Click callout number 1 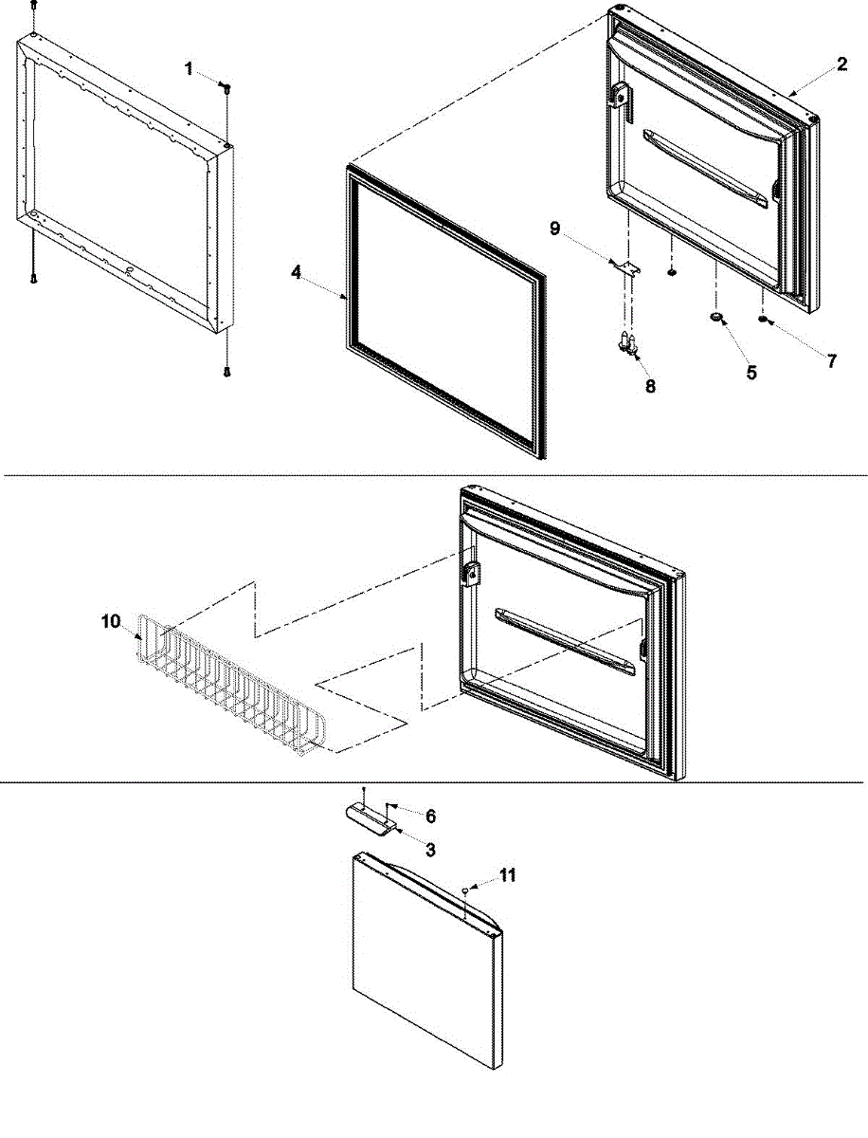point(189,68)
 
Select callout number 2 point(841,66)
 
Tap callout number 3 point(430,851)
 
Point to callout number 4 point(297,272)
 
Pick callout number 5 point(750,373)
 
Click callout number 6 point(430,816)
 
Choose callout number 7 point(832,361)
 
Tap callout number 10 point(112,621)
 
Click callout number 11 point(508,875)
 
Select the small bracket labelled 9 point(626,269)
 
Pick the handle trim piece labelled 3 point(367,818)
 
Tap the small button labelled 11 point(466,890)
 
